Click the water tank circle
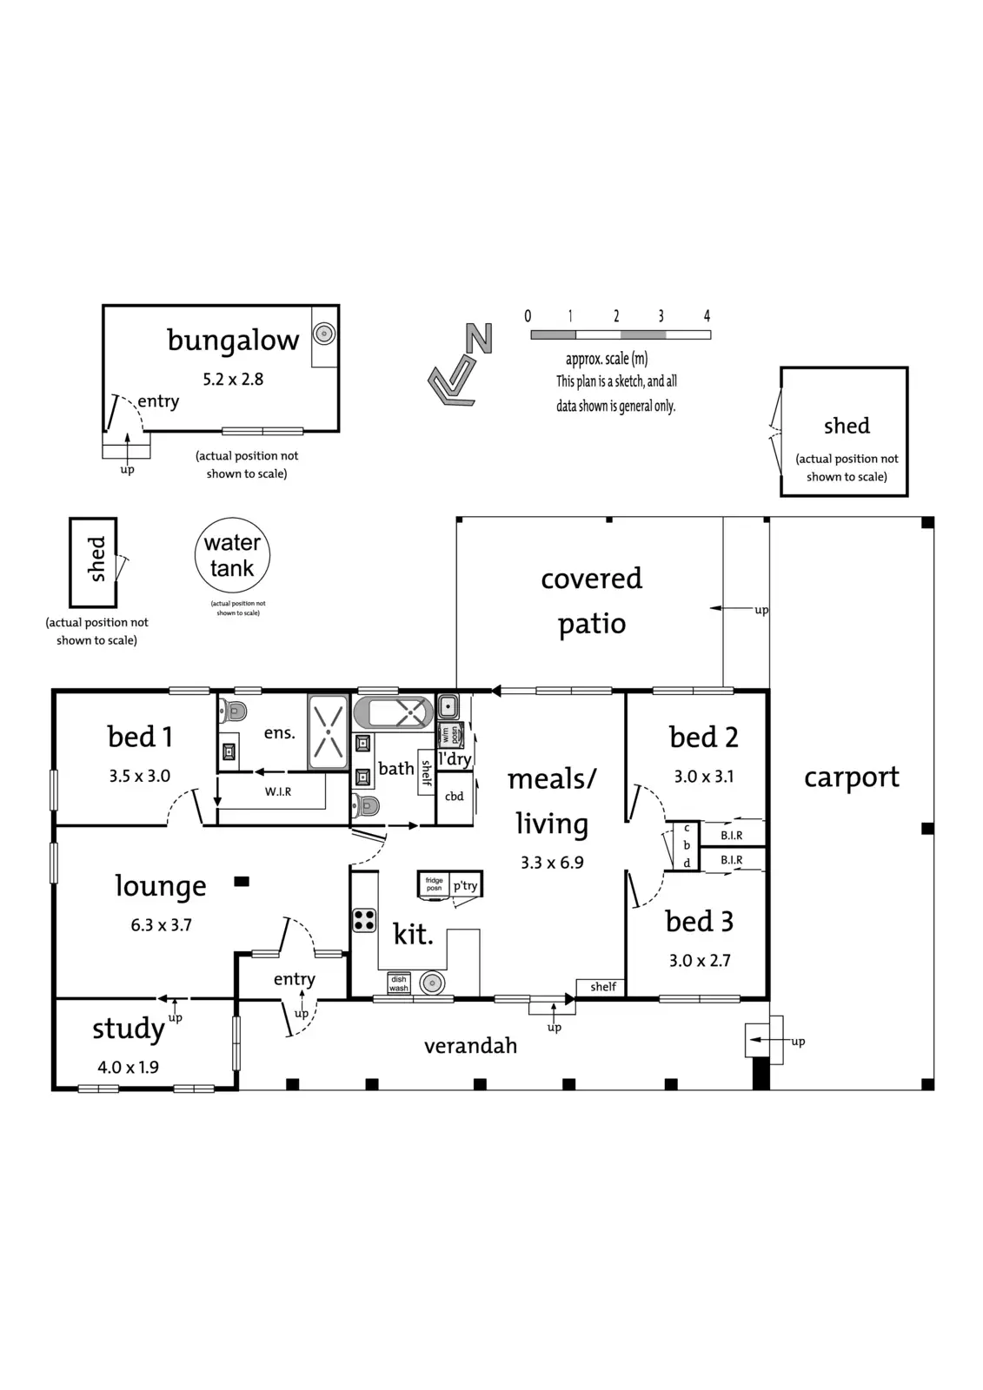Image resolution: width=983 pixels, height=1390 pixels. pyautogui.click(x=232, y=556)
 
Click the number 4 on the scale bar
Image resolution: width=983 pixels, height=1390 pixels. pyautogui.click(x=707, y=316)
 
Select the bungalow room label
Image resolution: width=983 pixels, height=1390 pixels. pyautogui.click(x=233, y=340)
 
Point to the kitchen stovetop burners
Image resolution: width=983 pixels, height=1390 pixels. pyautogui.click(x=364, y=919)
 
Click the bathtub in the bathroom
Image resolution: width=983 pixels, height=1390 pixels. pyautogui.click(x=393, y=714)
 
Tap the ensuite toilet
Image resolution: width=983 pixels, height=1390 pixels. pyautogui.click(x=233, y=711)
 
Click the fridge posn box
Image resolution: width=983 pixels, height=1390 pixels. pyautogui.click(x=434, y=884)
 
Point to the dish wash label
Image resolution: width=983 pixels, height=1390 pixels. pyautogui.click(x=399, y=983)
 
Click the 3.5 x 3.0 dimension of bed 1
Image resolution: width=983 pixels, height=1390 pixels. pyautogui.click(x=139, y=776)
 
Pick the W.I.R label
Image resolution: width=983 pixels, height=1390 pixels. pyautogui.click(x=278, y=791)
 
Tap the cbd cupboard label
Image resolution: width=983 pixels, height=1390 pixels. pyautogui.click(x=454, y=797)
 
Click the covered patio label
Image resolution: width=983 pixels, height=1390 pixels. pyautogui.click(x=592, y=600)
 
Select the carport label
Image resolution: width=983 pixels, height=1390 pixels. pyautogui.click(x=851, y=778)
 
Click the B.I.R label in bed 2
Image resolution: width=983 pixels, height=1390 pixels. pyautogui.click(x=732, y=835)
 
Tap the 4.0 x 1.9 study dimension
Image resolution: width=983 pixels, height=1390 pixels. pyautogui.click(x=128, y=1067)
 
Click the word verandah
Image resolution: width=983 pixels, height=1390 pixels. pyautogui.click(x=470, y=1046)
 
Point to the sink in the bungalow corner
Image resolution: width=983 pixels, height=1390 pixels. pyautogui.click(x=324, y=334)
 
